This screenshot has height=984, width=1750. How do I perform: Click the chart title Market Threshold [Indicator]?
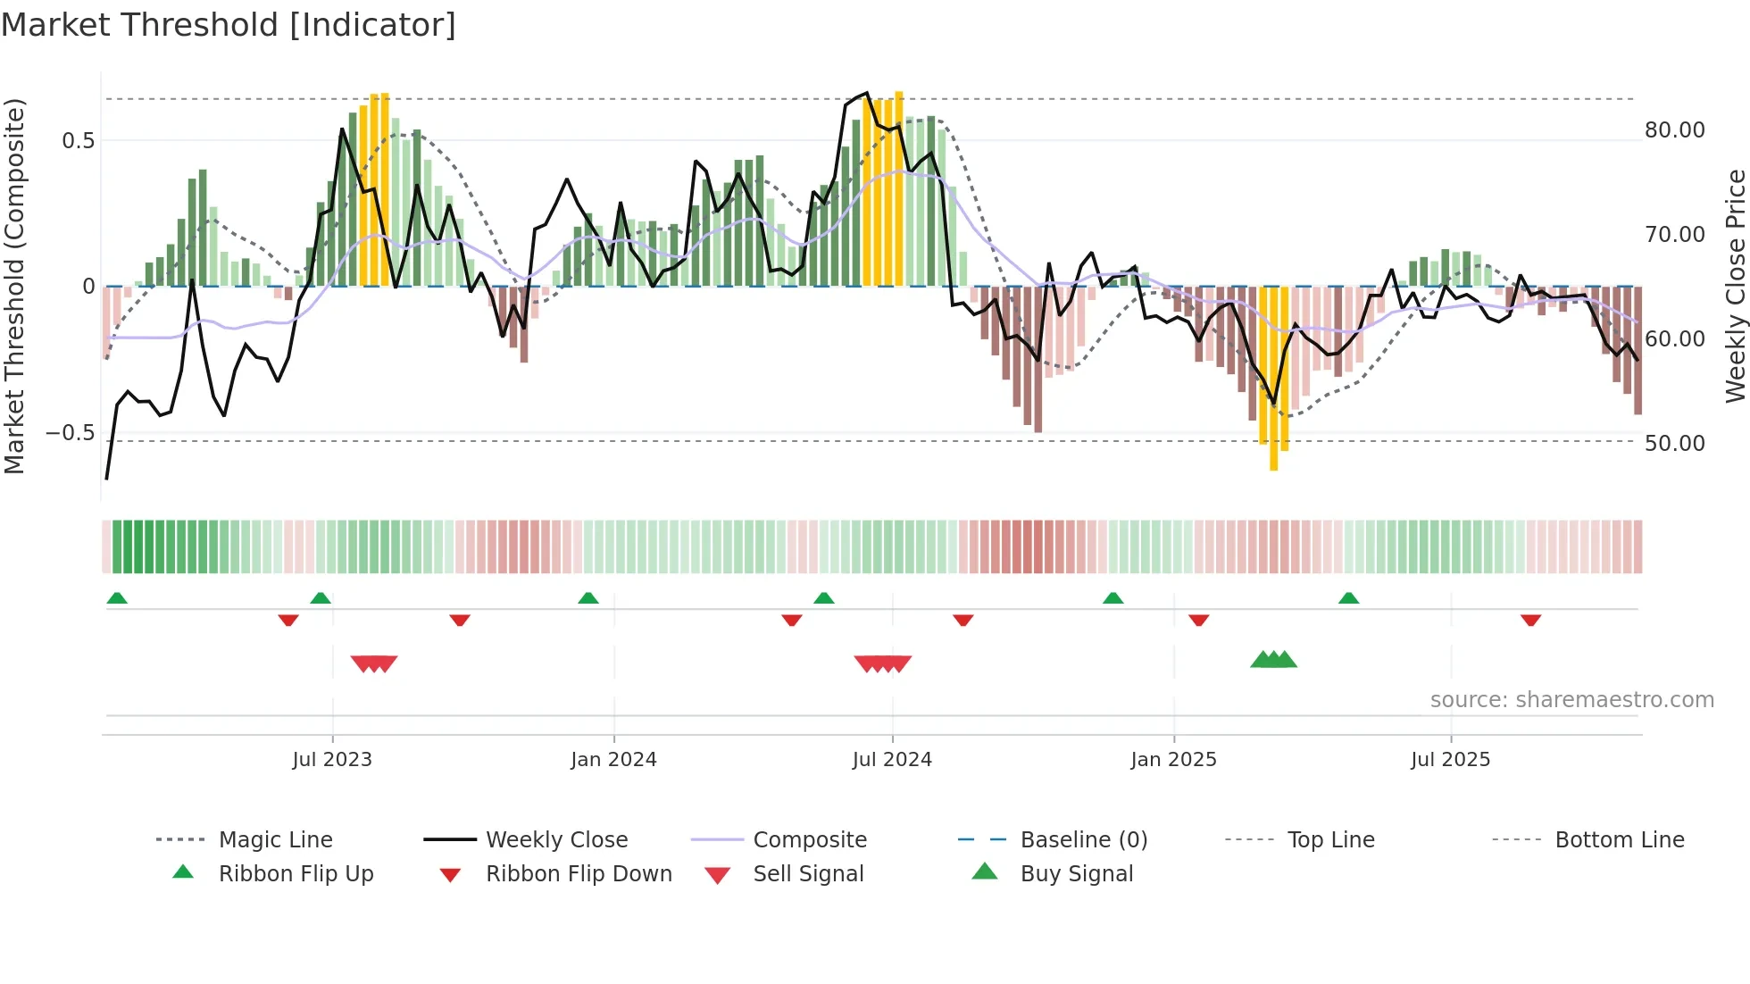pos(229,25)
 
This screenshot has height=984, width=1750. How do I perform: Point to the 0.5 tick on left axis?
pos(78,141)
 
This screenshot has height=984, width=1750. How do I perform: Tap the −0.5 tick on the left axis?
pos(71,434)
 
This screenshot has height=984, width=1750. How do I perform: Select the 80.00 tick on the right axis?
pos(1674,130)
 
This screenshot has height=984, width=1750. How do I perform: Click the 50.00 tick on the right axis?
pos(1674,444)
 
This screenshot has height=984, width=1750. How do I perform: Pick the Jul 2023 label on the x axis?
pos(332,760)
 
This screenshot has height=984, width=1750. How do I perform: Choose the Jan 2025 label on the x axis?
pos(1173,760)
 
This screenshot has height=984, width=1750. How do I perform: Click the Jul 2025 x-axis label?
pos(1450,760)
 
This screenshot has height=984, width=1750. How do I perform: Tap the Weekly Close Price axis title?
pos(1735,286)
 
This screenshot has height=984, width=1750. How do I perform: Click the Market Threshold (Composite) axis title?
pos(14,286)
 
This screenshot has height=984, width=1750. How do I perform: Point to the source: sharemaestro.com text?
pos(1571,700)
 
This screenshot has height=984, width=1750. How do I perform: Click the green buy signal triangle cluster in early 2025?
pos(1273,661)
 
